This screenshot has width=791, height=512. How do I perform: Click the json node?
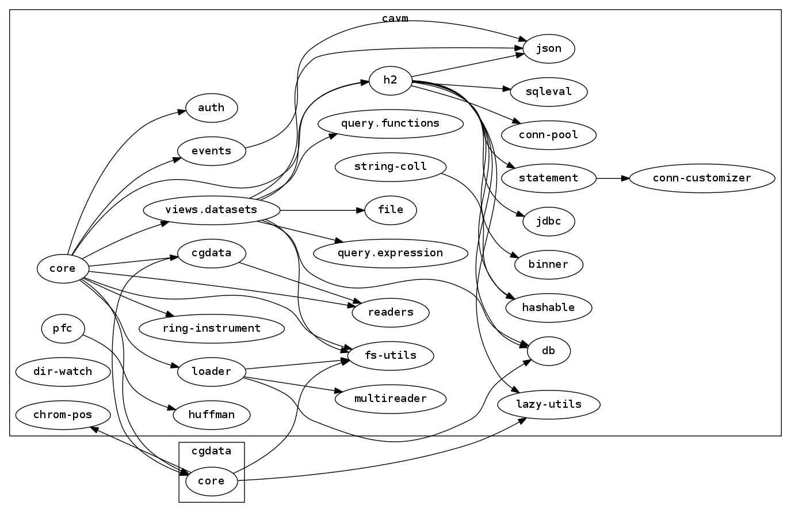[548, 48]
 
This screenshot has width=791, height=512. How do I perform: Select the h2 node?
[390, 80]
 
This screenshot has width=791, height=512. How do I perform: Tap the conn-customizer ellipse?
[702, 178]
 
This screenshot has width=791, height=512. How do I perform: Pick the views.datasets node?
[211, 210]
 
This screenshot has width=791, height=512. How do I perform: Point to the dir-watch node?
[63, 371]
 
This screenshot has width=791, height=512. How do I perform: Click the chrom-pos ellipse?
[63, 415]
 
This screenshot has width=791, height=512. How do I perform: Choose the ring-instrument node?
[211, 329]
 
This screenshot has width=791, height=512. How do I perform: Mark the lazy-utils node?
[548, 404]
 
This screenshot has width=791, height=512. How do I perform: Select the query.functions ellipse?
[390, 123]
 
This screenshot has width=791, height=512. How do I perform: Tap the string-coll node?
[390, 167]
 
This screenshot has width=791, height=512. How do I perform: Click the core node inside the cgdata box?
[211, 481]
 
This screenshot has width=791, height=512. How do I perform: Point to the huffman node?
[211, 415]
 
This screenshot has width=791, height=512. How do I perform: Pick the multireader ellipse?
[390, 399]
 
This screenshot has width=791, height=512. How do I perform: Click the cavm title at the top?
[395, 18]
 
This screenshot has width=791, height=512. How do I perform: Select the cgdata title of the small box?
[211, 451]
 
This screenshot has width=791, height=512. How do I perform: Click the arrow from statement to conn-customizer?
[613, 178]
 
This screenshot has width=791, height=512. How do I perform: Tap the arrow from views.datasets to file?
[322, 210]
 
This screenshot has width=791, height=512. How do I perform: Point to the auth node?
[211, 108]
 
